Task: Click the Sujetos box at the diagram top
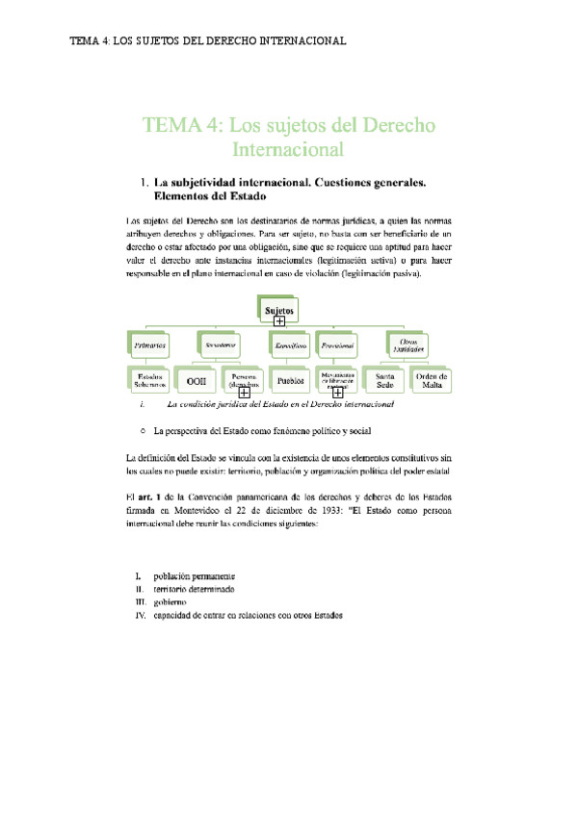click(279, 308)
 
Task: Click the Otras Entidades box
click(407, 344)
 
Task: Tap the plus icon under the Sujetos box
click(279, 320)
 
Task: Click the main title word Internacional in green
click(288, 150)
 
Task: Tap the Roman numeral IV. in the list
click(142, 616)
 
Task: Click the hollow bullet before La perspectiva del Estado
click(143, 431)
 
